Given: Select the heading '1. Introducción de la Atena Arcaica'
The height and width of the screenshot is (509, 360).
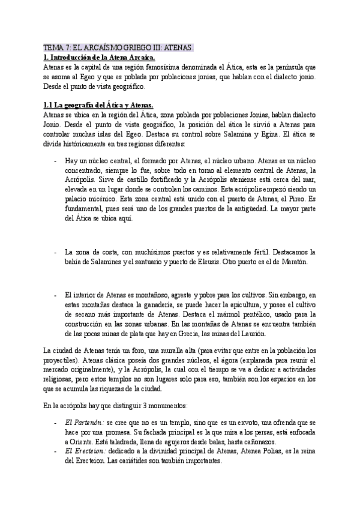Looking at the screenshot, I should pos(100,57).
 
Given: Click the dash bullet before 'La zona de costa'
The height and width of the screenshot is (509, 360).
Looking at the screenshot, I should pos(56,252).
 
